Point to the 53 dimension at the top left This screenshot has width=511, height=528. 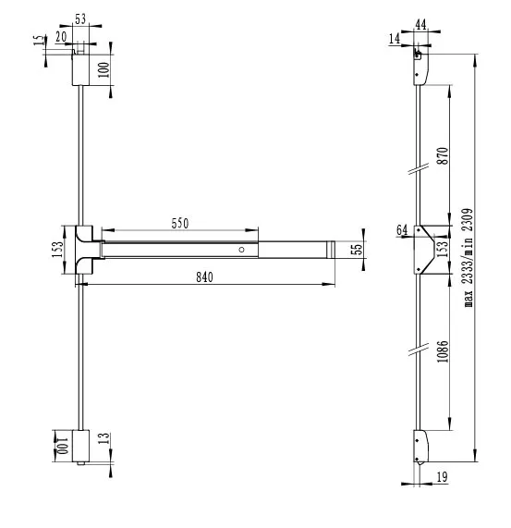click(81, 18)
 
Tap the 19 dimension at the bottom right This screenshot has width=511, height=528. click(443, 477)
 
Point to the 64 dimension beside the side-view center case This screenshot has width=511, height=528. click(402, 229)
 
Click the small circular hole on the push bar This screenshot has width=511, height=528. click(241, 250)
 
